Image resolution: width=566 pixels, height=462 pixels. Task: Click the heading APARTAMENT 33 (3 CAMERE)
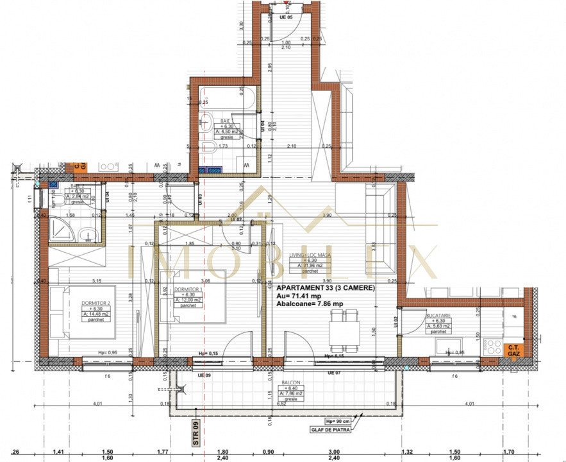(x=325, y=289)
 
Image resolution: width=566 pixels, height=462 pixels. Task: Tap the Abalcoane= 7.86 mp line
(x=310, y=305)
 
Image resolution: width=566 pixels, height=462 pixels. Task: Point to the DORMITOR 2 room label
(x=97, y=303)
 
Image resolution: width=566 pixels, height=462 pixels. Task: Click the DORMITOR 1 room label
(x=188, y=290)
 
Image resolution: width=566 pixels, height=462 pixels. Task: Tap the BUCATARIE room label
(x=438, y=316)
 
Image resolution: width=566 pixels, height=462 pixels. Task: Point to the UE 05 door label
(x=287, y=18)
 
